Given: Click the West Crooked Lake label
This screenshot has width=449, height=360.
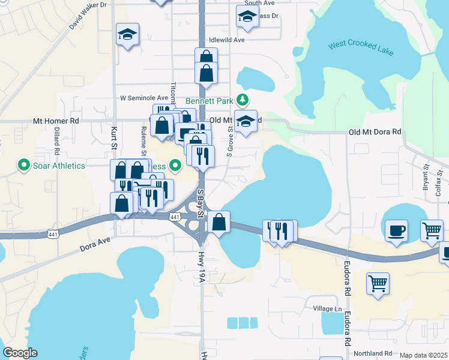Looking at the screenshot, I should click(x=361, y=49).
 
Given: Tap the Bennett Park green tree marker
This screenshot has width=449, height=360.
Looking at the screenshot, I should click(x=243, y=100).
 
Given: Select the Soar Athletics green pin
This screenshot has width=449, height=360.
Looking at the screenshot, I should click(x=24, y=164).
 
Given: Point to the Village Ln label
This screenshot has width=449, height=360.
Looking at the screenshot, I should click(x=327, y=309).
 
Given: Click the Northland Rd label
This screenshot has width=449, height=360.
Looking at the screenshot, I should click(x=372, y=354).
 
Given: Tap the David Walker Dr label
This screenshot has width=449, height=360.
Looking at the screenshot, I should click(x=88, y=15).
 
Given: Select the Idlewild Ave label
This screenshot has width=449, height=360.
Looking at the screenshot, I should click(x=227, y=40).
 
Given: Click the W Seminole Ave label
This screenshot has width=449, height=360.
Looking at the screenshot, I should click(x=144, y=98).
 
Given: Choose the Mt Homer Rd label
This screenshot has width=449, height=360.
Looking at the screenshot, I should click(x=56, y=121).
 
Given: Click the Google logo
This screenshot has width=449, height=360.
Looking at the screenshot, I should click(x=20, y=353).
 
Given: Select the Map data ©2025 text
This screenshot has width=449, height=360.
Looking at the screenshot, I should click(x=423, y=355).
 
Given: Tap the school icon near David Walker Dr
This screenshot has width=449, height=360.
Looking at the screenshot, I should click(x=127, y=34).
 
